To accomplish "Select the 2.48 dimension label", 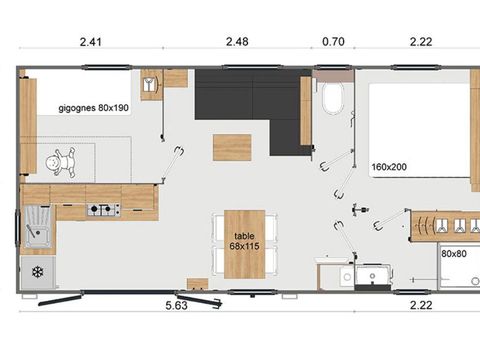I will (x=237, y=42).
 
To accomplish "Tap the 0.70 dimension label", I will (x=331, y=42).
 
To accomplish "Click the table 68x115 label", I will (x=244, y=240).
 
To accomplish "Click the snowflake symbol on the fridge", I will (x=38, y=271).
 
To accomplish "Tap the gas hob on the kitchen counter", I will (x=103, y=210).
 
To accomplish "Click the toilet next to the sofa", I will (x=333, y=99).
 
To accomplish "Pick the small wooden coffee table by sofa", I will (x=232, y=147).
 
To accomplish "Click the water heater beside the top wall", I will (x=152, y=84).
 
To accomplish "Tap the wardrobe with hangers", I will (x=440, y=224).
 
